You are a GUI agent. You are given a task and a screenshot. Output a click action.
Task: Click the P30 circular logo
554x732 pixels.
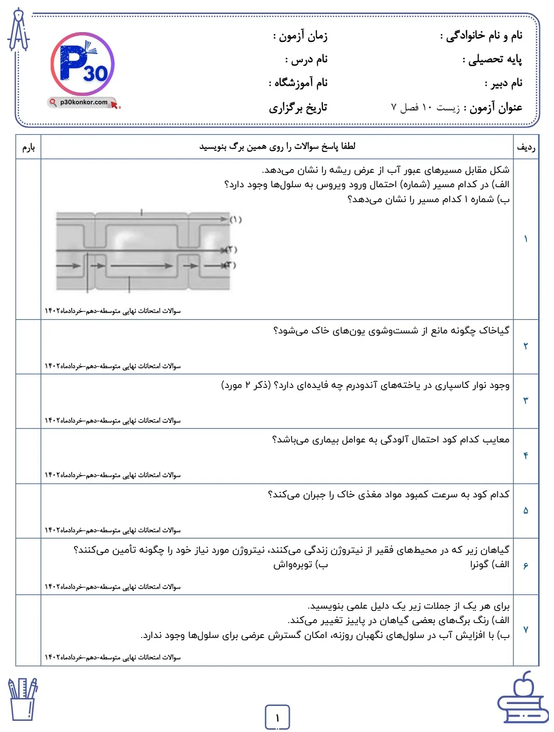click(82, 64)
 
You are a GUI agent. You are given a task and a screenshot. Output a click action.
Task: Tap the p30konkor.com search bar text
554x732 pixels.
click(84, 102)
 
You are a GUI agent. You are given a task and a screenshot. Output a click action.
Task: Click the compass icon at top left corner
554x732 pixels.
click(19, 30)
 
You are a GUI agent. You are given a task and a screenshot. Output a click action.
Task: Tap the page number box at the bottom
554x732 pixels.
click(277, 717)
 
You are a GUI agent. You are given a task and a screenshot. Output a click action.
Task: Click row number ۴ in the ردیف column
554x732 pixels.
click(526, 456)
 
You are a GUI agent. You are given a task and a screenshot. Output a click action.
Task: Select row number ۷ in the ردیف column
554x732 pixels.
click(526, 630)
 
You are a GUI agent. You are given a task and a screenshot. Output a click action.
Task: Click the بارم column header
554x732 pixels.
click(28, 148)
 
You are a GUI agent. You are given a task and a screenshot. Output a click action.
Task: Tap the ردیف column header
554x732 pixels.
click(526, 148)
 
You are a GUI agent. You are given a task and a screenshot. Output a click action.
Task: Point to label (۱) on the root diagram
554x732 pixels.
click(236, 219)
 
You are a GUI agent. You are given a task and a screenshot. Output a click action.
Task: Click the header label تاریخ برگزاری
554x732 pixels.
click(298, 108)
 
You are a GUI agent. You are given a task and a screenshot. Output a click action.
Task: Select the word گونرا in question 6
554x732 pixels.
click(479, 565)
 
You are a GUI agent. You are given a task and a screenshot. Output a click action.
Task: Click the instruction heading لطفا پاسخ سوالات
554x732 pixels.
click(278, 147)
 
